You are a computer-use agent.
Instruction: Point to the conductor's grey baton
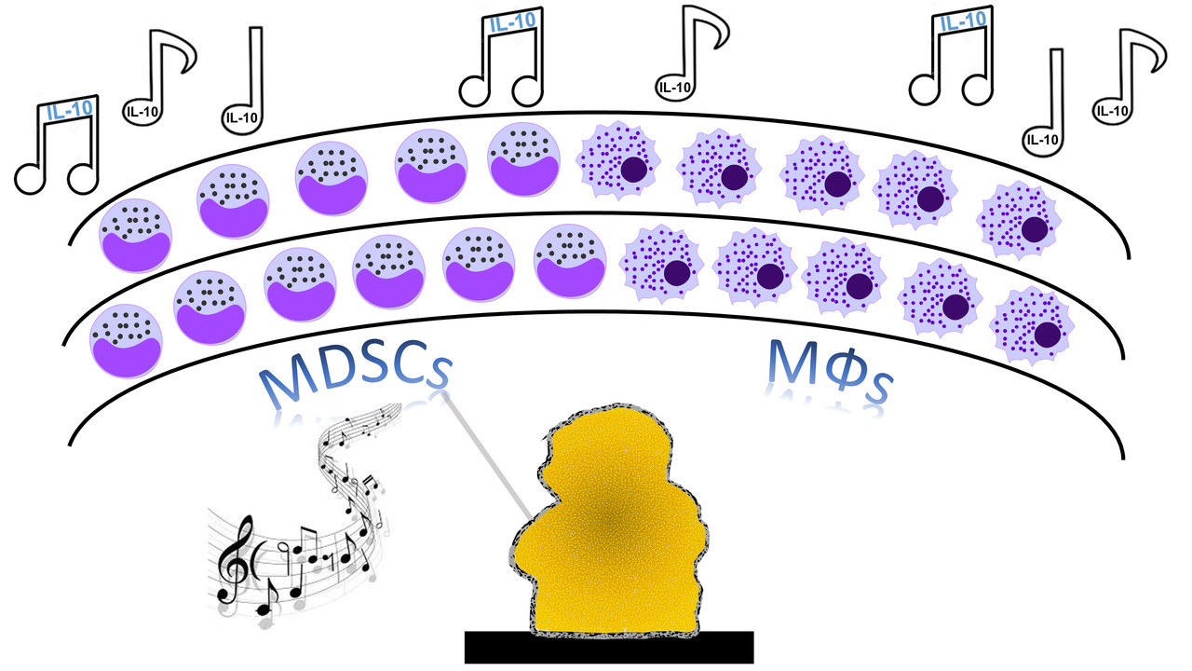484,457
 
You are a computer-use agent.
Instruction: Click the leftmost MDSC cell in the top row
134,237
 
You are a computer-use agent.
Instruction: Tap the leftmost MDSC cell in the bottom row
125,341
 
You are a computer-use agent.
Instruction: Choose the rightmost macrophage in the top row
1021,220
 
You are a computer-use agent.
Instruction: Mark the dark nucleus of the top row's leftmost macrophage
636,170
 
